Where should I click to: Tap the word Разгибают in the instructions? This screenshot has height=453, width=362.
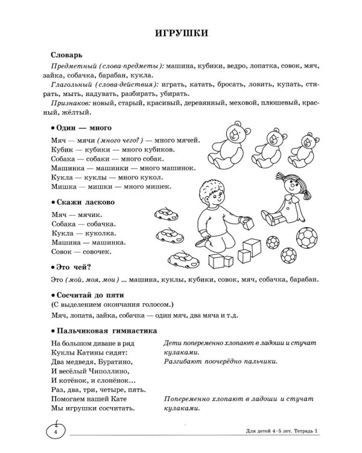[x=185, y=362]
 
